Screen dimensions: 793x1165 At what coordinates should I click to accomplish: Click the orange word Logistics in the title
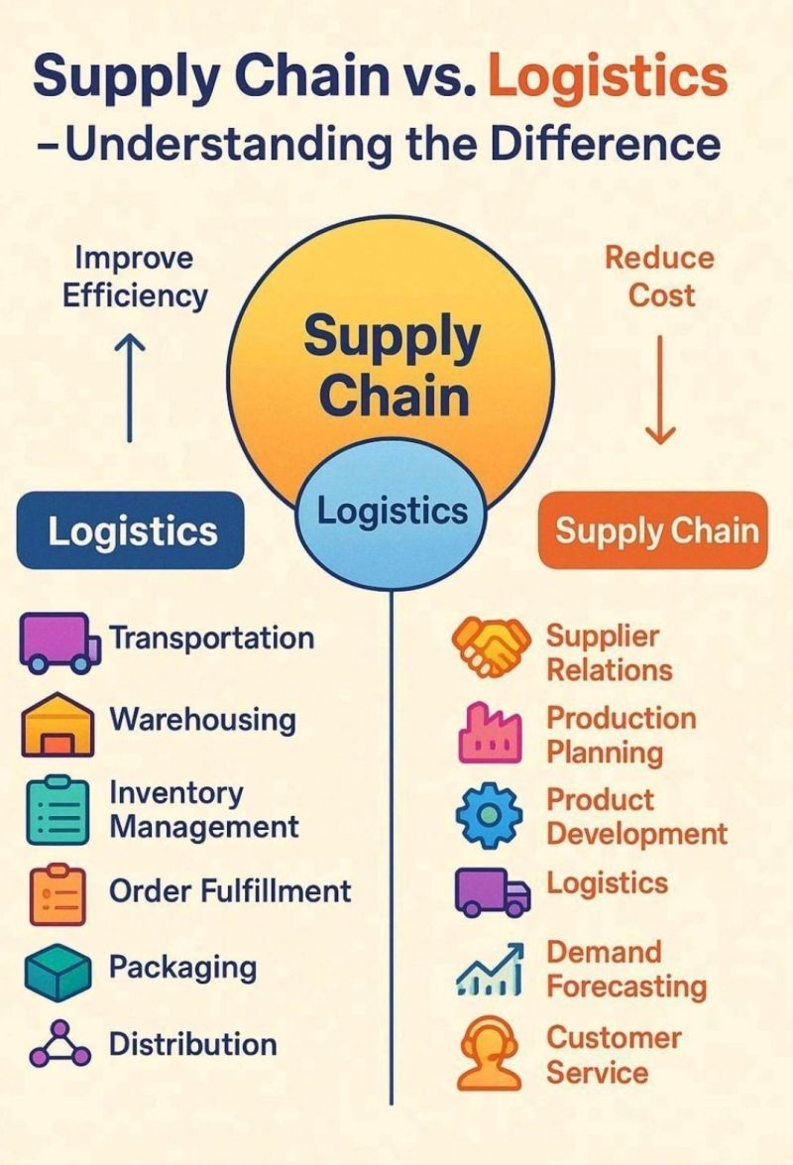pos(608,78)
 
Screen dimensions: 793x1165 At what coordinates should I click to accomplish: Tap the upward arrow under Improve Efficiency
pos(131,387)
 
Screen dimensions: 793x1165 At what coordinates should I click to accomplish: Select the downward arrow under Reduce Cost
pos(660,390)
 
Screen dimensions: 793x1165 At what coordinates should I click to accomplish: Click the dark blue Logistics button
pos(131,530)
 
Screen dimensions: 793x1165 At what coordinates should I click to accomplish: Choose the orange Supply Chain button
pos(653,530)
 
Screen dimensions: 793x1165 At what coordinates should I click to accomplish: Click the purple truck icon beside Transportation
pos(60,642)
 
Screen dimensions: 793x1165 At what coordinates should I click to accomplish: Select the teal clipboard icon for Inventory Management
pos(57,811)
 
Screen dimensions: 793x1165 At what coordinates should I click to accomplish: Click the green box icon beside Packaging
pos(57,972)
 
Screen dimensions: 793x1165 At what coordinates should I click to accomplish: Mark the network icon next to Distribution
pos(59,1044)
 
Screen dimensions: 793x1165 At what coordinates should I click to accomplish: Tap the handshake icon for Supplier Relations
pos(492,646)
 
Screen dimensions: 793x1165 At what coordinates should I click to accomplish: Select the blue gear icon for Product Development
pos(489,815)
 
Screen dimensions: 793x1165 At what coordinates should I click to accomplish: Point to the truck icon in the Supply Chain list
pos(493,891)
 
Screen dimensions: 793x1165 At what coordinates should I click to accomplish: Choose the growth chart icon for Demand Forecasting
pos(490,970)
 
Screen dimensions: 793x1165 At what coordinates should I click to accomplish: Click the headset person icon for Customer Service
pos(489,1054)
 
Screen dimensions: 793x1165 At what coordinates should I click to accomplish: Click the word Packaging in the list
pos(182,968)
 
